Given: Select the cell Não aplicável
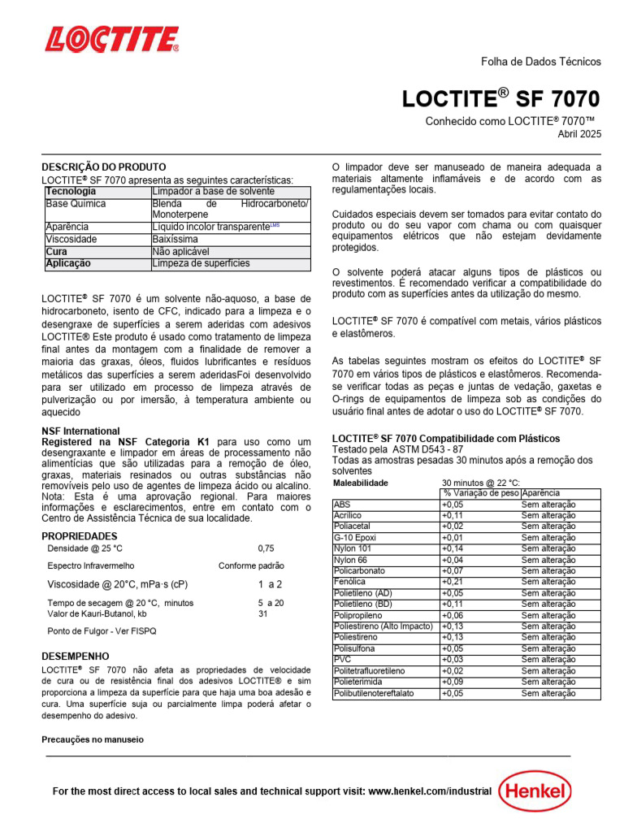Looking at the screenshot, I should [180, 252].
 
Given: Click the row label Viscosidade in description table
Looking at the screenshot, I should [71, 240].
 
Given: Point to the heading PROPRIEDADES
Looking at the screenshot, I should [79, 536].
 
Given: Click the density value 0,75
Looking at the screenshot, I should [266, 548].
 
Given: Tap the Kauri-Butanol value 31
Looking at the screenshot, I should [263, 614].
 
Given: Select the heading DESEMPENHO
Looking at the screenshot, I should [75, 656].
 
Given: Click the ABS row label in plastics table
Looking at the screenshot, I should [342, 505].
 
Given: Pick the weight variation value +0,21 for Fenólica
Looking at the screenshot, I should [453, 582].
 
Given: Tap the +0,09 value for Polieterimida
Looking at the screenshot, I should [453, 682].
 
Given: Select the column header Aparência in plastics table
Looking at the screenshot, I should [540, 493].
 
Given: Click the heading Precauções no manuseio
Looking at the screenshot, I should [92, 740].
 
